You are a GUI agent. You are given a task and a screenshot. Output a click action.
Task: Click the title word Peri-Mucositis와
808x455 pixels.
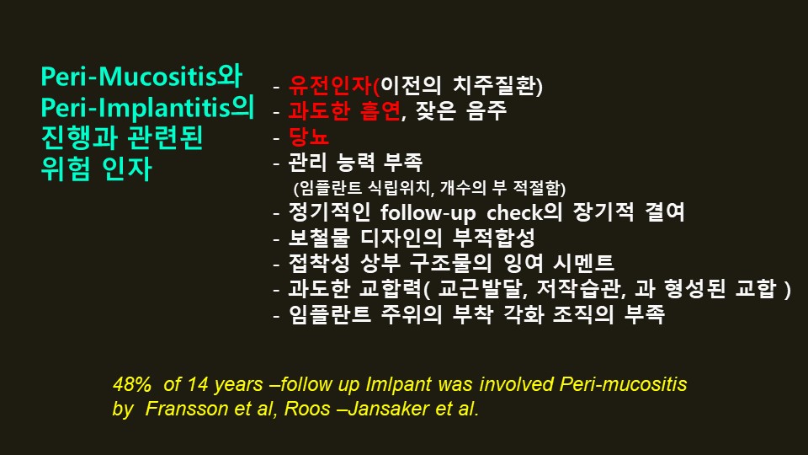pos(141,77)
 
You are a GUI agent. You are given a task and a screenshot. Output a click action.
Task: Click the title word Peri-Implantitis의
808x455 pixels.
pos(148,109)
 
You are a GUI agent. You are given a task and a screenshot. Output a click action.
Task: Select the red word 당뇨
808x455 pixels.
pos(309,136)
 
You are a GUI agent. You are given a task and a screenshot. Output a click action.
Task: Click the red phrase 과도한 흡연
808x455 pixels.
pos(344,111)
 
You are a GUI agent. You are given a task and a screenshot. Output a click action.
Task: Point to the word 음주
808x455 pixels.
pos(487,111)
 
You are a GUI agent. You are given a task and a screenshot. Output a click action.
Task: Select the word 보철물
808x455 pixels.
pos(319,238)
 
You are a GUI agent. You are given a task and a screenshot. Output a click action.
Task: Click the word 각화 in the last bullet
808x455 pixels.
pos(523,313)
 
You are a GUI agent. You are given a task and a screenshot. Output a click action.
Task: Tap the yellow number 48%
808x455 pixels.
pos(132,384)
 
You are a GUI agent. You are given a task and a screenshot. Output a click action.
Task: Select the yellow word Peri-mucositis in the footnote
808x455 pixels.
pos(623,384)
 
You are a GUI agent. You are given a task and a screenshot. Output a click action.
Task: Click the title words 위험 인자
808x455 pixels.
pos(96,169)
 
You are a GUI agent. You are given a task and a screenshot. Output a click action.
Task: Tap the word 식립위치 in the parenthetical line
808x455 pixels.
pos(400,188)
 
